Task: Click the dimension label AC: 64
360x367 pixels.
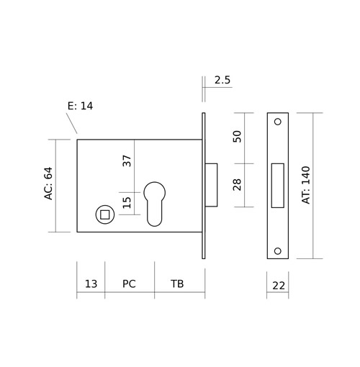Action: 48,183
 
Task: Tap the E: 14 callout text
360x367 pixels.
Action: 80,106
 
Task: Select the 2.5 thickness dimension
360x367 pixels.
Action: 222,80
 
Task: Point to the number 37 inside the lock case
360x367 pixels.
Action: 127,160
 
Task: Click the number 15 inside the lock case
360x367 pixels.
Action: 127,203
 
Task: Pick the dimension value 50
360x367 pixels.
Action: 237,137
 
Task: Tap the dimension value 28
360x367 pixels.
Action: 237,185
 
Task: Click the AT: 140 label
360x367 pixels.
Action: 306,185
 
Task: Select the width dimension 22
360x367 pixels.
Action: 279,286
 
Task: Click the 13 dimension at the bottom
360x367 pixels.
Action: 91,284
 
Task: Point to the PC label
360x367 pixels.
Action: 129,284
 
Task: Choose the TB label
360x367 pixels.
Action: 177,284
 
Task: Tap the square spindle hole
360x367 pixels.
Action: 105,214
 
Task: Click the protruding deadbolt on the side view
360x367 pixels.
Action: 211,185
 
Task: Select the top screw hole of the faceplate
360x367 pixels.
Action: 278,122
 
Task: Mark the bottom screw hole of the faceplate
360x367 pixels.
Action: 278,251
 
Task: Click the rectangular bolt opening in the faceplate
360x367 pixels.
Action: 278,186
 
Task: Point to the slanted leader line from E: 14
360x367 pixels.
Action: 71,123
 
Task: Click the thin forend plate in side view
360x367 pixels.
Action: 204,186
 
